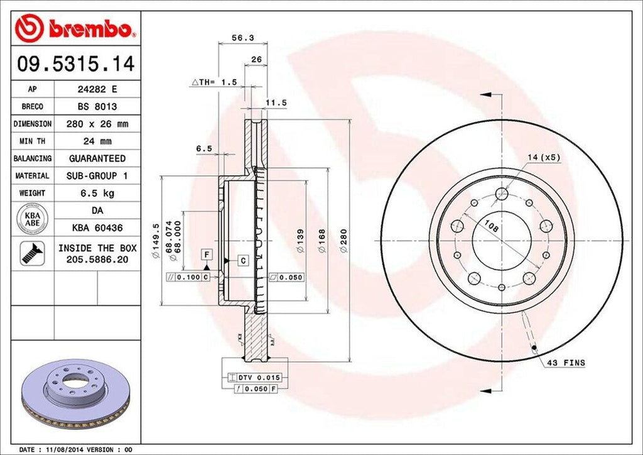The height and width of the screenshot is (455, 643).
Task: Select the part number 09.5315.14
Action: point(75,64)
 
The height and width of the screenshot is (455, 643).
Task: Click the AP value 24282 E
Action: point(97,90)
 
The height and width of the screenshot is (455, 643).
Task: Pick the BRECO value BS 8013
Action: point(97,107)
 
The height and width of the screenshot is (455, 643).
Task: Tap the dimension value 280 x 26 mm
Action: point(97,124)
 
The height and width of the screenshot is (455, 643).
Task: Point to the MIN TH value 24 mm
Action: point(97,141)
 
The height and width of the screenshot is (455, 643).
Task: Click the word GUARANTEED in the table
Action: point(97,158)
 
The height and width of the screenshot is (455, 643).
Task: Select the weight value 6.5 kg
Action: point(97,193)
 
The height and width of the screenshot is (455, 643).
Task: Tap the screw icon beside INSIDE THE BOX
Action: point(31,253)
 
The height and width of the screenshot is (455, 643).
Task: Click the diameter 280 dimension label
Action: point(343,241)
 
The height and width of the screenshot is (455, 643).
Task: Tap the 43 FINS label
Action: point(566,363)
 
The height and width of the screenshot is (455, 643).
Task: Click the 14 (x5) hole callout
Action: point(544,158)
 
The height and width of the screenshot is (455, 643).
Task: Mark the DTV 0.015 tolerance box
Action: point(258,377)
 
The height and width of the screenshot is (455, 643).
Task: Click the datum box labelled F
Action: point(205,253)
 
